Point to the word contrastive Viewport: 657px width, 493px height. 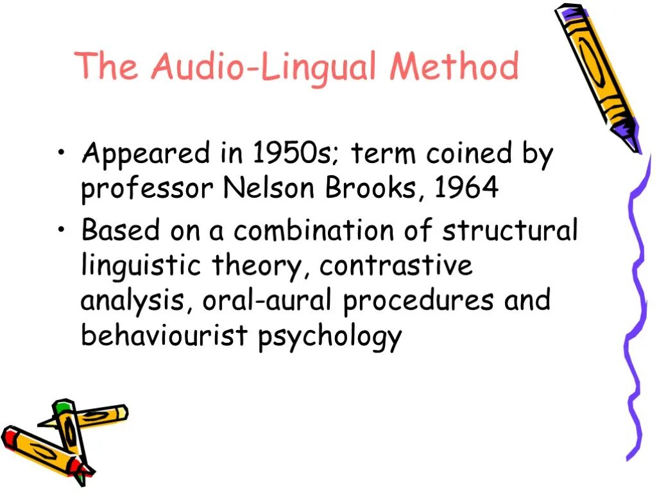(x=396, y=266)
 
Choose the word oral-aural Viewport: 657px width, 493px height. (x=269, y=300)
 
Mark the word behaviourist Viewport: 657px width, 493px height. (x=165, y=335)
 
